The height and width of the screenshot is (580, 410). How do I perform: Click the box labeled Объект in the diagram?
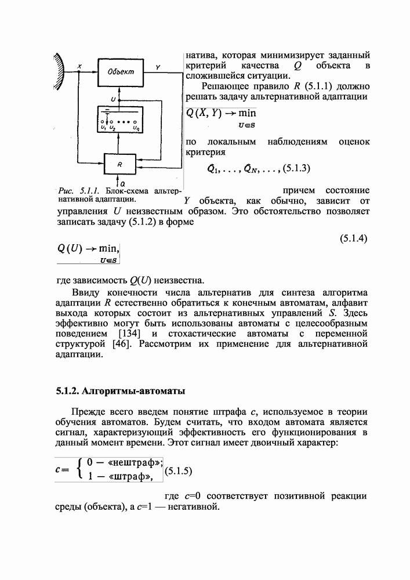click(x=120, y=72)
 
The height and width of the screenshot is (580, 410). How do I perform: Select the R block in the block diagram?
click(x=120, y=165)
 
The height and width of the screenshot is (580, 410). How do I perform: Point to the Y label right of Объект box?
click(x=158, y=67)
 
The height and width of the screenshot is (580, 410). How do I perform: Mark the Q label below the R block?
click(x=122, y=183)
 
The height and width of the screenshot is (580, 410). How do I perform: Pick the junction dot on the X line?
click(x=79, y=72)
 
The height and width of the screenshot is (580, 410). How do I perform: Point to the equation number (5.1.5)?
click(x=179, y=472)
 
